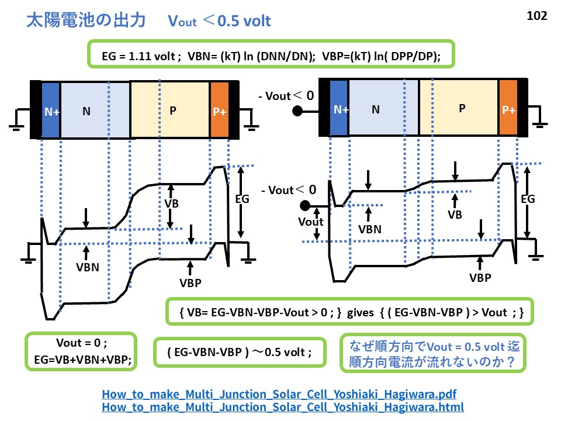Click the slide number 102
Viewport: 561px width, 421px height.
pos(536,16)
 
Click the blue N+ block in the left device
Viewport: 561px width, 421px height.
pos(51,110)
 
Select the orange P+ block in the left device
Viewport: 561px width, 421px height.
pos(219,111)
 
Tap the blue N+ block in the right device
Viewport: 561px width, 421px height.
pos(340,108)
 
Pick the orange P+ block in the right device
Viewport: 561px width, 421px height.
pos(508,109)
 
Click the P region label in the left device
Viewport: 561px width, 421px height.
pos(172,110)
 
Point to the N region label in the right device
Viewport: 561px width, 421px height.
pos(376,108)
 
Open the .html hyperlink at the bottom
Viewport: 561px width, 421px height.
pos(283,406)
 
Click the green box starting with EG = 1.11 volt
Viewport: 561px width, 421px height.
pos(271,56)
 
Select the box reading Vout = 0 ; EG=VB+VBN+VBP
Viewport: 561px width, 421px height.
pos(81,351)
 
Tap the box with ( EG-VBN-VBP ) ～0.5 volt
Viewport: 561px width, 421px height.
pos(239,353)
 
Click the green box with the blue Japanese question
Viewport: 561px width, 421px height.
pos(433,353)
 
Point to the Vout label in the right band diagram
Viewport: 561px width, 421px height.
pos(310,222)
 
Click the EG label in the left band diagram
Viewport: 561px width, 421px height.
pos(241,199)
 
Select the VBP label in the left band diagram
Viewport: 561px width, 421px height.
pos(190,282)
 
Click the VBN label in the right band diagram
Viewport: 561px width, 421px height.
pos(370,229)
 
